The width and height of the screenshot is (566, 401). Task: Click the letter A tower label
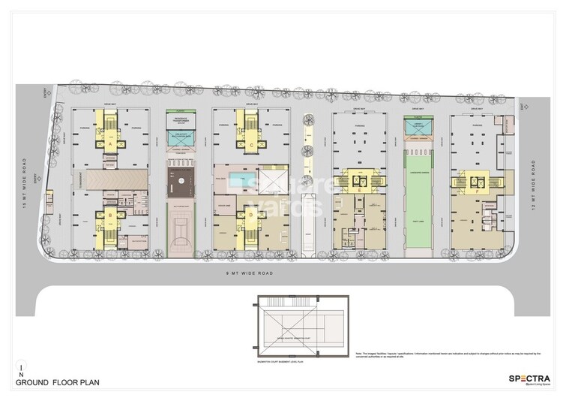(x=111, y=142)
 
